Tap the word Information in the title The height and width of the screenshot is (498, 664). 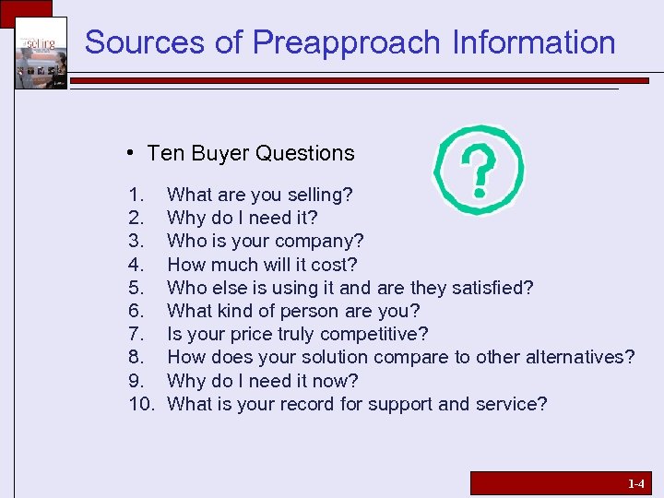pos(534,42)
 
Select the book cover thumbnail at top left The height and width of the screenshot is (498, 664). pos(41,53)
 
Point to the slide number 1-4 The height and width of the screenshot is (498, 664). pos(636,483)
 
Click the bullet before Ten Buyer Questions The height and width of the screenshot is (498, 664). pos(134,153)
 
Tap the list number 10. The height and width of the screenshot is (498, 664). pos(141,404)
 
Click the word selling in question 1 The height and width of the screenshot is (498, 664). pos(317,195)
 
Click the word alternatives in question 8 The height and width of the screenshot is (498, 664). pos(580,357)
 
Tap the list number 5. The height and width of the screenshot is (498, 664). pos(136,288)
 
